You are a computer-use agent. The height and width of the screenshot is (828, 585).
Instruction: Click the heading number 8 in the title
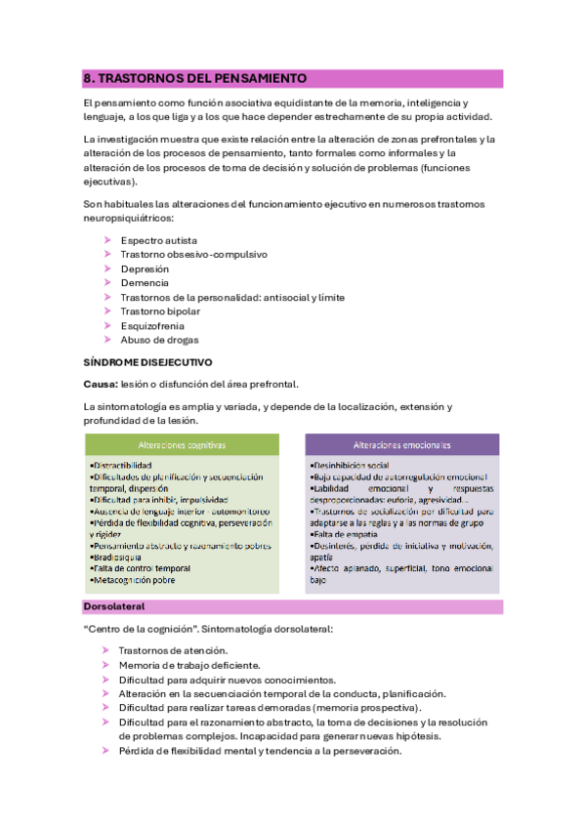(88, 77)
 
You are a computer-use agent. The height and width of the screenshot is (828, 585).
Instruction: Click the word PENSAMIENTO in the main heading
(259, 77)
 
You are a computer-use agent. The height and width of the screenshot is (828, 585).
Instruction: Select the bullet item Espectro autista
(157, 240)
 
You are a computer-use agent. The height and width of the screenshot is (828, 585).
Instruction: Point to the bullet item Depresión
(145, 269)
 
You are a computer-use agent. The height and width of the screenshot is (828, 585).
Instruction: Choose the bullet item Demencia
(145, 283)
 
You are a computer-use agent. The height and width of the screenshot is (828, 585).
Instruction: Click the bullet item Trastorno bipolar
(161, 311)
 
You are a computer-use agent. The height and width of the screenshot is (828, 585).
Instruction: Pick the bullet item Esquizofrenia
(152, 326)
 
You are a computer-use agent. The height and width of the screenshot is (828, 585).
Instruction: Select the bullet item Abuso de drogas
(159, 340)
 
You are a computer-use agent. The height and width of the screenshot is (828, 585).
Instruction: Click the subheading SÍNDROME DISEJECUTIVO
(148, 362)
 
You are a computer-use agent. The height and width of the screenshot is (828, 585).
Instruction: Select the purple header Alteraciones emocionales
(401, 444)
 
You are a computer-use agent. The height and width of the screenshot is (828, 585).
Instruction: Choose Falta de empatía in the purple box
(342, 534)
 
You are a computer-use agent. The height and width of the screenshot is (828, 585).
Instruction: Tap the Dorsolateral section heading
(114, 607)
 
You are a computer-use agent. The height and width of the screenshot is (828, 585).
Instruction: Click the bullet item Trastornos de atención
(174, 650)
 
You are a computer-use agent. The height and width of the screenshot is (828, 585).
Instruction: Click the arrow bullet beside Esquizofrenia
(107, 326)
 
